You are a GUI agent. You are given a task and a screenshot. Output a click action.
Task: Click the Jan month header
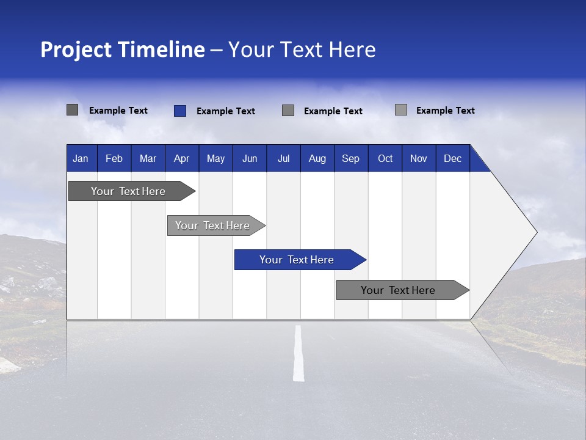[81, 158]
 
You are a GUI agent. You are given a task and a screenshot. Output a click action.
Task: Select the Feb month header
[114, 158]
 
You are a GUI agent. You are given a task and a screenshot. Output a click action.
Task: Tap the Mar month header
[148, 158]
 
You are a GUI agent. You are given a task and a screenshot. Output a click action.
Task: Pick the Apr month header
[182, 158]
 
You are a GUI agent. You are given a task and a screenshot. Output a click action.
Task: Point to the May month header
[215, 158]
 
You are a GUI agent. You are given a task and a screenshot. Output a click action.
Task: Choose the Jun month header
[250, 158]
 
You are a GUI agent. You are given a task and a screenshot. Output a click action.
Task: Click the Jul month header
[283, 158]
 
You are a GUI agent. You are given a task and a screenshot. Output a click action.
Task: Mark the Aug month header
[317, 158]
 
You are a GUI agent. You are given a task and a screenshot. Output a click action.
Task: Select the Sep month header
[351, 158]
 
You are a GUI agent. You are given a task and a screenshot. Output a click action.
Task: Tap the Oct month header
[385, 158]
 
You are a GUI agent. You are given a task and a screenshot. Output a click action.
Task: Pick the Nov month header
[419, 158]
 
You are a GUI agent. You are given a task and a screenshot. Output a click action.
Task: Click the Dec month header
[453, 158]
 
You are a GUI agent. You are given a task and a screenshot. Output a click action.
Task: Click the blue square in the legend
[180, 111]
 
